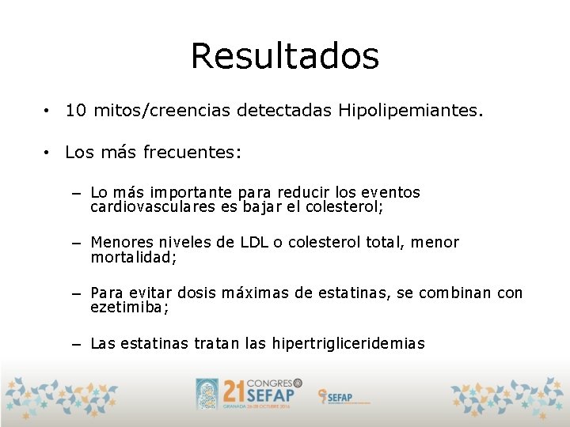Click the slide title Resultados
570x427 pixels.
pyautogui.click(x=285, y=57)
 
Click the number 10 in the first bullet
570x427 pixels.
pyautogui.click(x=76, y=111)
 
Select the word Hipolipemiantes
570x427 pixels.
pyautogui.click(x=409, y=111)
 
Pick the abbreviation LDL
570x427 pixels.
pyautogui.click(x=253, y=243)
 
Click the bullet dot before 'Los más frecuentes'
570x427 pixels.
pyautogui.click(x=48, y=152)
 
